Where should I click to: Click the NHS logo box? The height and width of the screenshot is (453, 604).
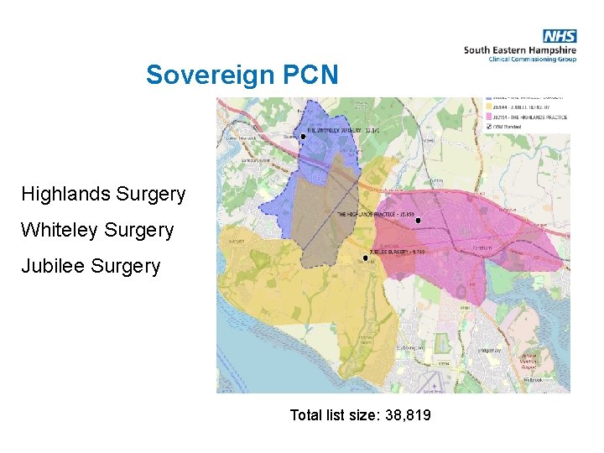(x=560, y=36)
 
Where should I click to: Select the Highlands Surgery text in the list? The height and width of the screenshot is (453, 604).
(x=103, y=194)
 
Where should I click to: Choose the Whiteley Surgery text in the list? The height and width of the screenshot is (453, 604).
(x=97, y=230)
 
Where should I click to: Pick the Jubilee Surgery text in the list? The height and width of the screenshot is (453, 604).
(x=91, y=266)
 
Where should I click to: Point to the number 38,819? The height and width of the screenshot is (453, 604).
(x=408, y=414)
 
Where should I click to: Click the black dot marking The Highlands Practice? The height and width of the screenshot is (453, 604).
(x=418, y=221)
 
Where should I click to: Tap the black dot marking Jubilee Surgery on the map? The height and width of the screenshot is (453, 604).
(x=366, y=258)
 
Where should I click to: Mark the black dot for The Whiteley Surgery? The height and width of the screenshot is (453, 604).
(x=303, y=135)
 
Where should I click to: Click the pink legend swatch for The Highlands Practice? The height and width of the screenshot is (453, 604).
(x=490, y=117)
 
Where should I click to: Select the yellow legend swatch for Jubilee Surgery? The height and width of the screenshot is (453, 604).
(x=490, y=107)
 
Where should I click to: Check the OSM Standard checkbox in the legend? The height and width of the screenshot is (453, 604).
(x=490, y=127)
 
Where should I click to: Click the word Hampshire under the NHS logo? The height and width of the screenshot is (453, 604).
(x=551, y=49)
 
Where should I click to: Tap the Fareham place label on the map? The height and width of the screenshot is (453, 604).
(x=484, y=249)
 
